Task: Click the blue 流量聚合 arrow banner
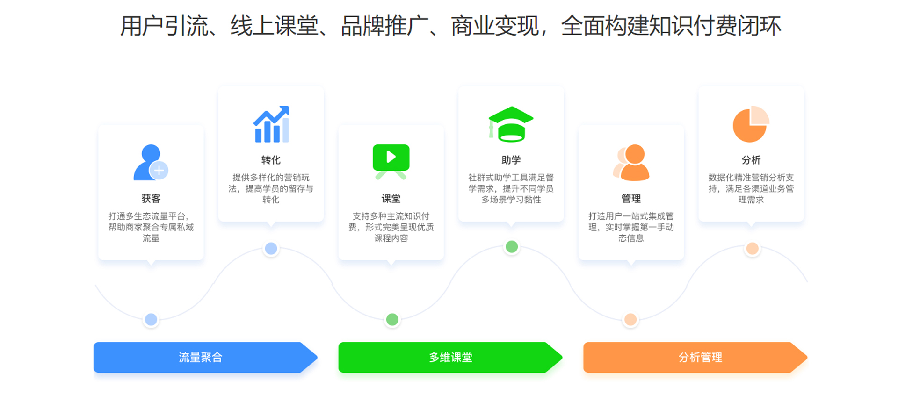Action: (x=205, y=357)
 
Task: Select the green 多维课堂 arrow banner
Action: (x=450, y=357)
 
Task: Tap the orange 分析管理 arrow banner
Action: (x=695, y=357)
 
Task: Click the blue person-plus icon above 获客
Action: (x=151, y=162)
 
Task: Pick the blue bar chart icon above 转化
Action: (x=271, y=124)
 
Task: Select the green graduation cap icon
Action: (x=511, y=124)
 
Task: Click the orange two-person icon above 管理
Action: (x=631, y=162)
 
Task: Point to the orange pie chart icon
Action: (x=751, y=124)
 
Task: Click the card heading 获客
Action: (x=151, y=199)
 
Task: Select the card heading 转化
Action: (x=271, y=160)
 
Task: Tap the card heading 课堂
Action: (x=391, y=199)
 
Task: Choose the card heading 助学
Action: (x=511, y=160)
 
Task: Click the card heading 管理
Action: (x=631, y=199)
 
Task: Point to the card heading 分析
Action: (x=751, y=160)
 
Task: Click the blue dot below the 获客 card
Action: (x=151, y=319)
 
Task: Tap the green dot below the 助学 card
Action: (x=512, y=247)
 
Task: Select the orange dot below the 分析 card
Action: (x=752, y=248)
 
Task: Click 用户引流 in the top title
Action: (x=165, y=26)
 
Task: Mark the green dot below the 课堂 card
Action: (x=392, y=319)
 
